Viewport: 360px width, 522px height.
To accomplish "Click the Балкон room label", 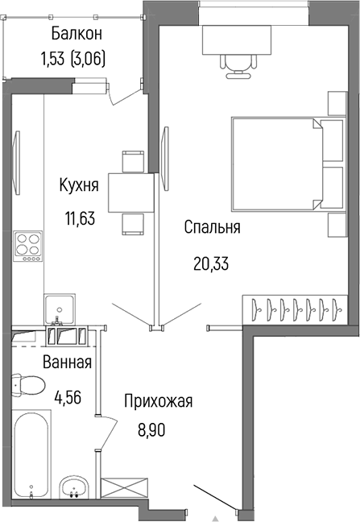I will click(77, 34).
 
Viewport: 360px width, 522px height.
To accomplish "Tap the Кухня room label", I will click(79, 186).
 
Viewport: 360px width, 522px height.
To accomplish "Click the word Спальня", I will click(212, 228).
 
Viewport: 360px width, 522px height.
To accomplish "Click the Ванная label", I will click(67, 362).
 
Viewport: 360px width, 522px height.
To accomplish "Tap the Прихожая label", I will click(158, 400).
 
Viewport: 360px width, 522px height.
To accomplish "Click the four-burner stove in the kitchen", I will click(29, 246).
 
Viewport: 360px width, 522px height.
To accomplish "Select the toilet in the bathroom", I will click(29, 384).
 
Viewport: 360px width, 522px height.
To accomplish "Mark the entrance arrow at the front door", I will click(216, 516).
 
